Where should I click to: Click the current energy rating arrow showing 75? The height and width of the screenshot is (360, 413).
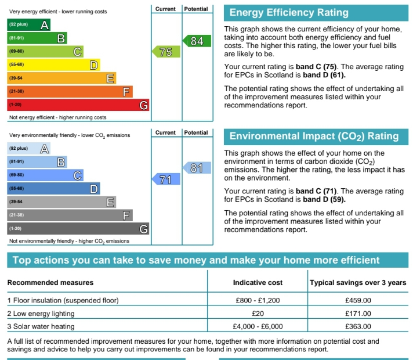pyautogui.click(x=165, y=52)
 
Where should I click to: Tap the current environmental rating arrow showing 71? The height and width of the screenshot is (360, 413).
pyautogui.click(x=165, y=179)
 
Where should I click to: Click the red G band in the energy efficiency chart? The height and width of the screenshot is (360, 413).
pyautogui.click(x=78, y=105)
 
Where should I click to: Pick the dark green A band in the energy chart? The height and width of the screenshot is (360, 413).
pyautogui.click(x=28, y=24)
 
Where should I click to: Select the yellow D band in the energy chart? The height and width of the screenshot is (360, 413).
pyautogui.click(x=53, y=65)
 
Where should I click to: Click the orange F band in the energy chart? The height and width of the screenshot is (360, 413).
pyautogui.click(x=70, y=92)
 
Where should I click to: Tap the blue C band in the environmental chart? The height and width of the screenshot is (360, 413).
pyautogui.click(x=45, y=175)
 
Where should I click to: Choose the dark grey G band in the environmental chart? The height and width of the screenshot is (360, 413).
pyautogui.click(x=78, y=229)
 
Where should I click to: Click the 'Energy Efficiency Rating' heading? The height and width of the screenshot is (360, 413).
pyautogui.click(x=289, y=13)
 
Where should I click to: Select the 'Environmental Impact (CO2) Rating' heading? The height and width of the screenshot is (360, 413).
pyautogui.click(x=314, y=137)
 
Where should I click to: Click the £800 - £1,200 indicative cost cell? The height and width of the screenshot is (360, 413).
pyautogui.click(x=258, y=301)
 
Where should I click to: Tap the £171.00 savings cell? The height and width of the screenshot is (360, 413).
pyautogui.click(x=358, y=314)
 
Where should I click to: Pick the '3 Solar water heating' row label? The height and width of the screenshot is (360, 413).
pyautogui.click(x=41, y=326)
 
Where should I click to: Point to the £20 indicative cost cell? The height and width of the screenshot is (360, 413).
pyautogui.click(x=258, y=314)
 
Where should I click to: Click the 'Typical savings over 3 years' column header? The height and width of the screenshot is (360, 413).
pyautogui.click(x=357, y=283)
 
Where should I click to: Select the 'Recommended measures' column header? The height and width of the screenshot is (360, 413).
pyautogui.click(x=50, y=283)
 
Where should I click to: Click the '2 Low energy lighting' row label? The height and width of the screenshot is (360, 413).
pyautogui.click(x=41, y=314)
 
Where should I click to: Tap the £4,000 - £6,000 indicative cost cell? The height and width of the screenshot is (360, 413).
pyautogui.click(x=258, y=326)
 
